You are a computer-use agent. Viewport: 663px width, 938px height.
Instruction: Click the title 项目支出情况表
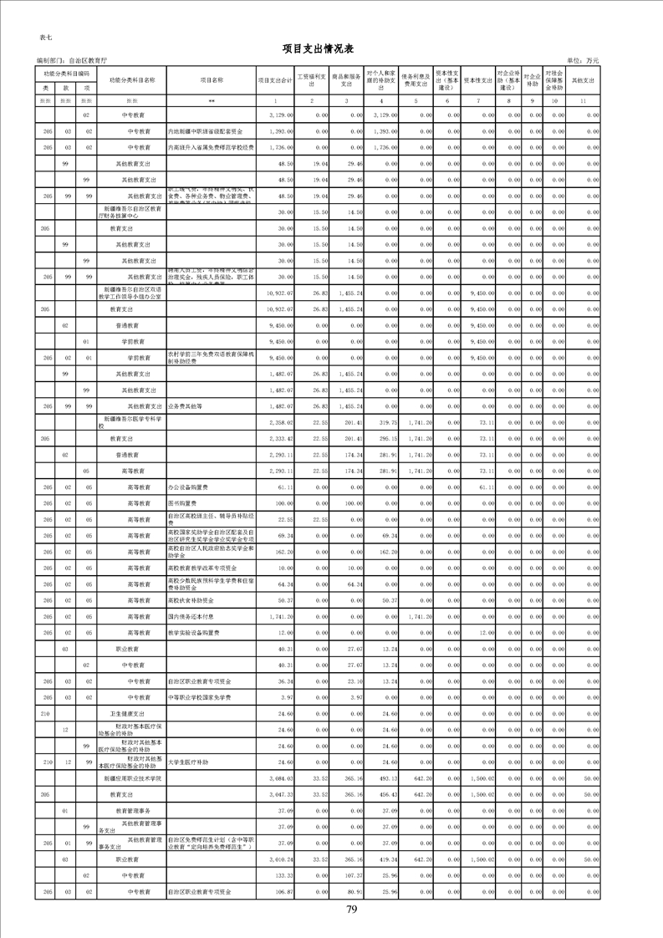331,48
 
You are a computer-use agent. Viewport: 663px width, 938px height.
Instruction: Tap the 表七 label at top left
46,38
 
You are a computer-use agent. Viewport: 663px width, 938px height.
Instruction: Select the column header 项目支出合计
274,80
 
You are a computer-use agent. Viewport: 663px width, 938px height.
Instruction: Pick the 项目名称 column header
212,80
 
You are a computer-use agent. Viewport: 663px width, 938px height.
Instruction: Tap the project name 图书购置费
182,504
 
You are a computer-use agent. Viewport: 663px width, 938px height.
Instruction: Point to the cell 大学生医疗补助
186,762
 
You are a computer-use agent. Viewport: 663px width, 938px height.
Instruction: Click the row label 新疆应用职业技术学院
132,778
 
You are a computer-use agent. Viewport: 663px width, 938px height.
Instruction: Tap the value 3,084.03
278,778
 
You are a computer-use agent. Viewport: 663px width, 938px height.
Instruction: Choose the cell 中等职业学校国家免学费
198,696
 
